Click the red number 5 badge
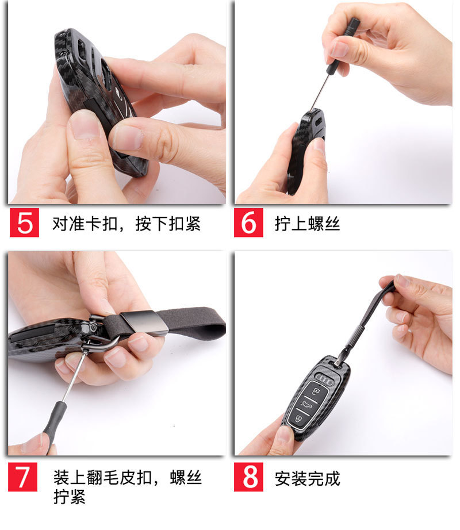point(24,222)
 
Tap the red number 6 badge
point(248,222)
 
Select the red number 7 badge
point(22,477)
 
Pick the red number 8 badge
point(248,477)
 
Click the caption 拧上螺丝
point(307,224)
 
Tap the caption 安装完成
point(307,478)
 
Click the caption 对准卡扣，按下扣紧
point(126,224)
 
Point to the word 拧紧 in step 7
point(69,497)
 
